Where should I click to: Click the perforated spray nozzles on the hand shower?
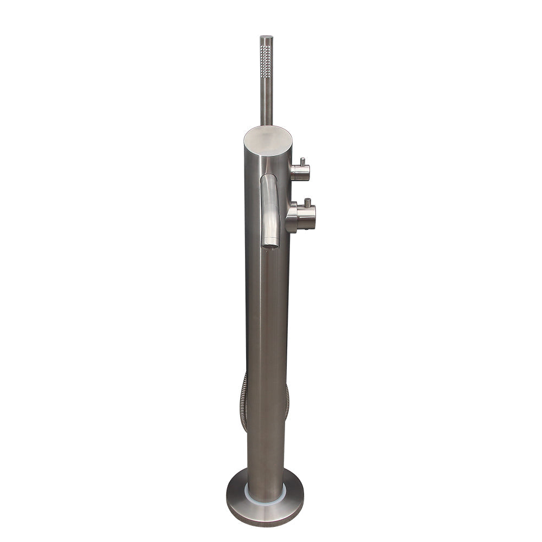tap(266, 62)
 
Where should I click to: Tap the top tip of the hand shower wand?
tap(266, 37)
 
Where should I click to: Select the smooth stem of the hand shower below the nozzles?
tap(266, 103)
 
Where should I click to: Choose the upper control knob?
tap(300, 172)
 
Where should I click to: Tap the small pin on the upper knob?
tap(302, 162)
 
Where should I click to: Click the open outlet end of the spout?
tap(270, 245)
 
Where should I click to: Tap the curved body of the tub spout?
tap(269, 211)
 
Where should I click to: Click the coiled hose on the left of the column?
tap(243, 401)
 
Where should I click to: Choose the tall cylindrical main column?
tap(267, 325)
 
